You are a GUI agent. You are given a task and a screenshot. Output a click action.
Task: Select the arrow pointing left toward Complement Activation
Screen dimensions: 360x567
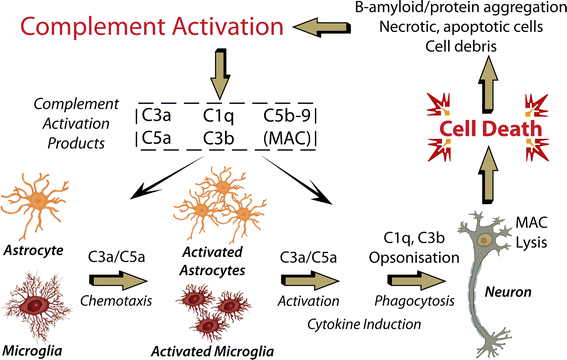[401, 24]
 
